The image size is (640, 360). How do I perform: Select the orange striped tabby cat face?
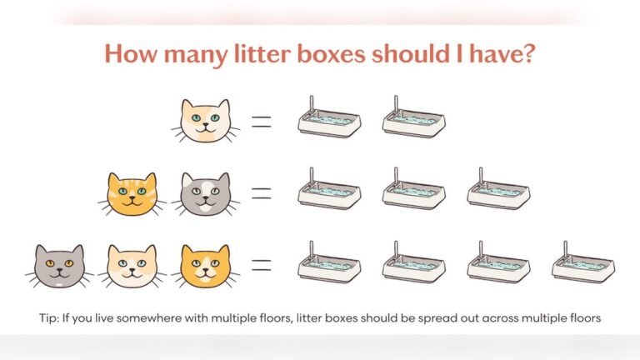pos(132,194)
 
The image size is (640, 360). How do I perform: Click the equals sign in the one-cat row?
pos(262,122)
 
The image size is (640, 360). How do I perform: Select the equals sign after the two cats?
pos(262,193)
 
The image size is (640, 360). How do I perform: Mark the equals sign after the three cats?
pos(262,266)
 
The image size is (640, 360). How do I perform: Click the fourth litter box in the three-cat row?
pos(583,266)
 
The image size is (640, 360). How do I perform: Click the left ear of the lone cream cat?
pos(187,105)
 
